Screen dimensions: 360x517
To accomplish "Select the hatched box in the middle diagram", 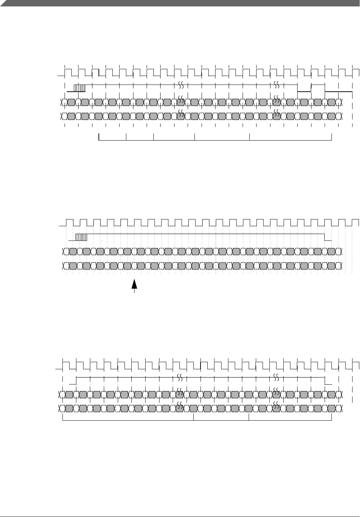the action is click(82, 237).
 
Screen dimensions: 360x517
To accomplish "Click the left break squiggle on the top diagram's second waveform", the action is click(181, 85).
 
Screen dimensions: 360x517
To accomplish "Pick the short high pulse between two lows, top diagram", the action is click(318, 85).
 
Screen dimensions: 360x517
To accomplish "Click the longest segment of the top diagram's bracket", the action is click(291, 140).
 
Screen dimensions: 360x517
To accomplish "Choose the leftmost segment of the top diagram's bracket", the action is click(112, 140).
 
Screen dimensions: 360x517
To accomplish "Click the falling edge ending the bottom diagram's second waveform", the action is click(325, 380).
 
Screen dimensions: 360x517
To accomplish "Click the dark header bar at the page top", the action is click(180, 3).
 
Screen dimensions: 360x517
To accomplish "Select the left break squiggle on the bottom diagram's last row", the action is click(180, 405).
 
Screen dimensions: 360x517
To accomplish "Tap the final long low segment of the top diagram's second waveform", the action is click(339, 92).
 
